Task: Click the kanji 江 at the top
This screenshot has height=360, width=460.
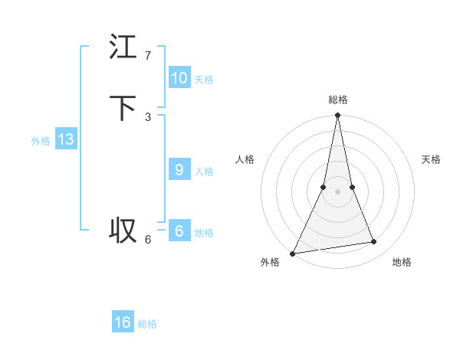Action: click(x=123, y=47)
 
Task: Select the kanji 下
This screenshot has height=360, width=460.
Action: click(x=123, y=108)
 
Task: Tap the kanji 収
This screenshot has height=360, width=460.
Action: click(x=123, y=230)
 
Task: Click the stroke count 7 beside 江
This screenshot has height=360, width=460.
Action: click(x=148, y=56)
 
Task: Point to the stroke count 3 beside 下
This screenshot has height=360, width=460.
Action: click(x=148, y=117)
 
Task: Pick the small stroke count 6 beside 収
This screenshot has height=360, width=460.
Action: click(x=148, y=240)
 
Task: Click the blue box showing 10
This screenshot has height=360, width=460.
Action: click(x=179, y=78)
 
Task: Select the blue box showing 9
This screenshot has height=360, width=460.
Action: click(x=179, y=170)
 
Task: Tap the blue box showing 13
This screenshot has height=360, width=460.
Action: click(x=66, y=139)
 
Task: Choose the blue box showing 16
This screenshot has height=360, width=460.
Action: click(x=123, y=322)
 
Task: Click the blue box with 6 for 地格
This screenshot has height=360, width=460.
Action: click(x=179, y=231)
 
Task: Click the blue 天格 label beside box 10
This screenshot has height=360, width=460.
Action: click(x=204, y=80)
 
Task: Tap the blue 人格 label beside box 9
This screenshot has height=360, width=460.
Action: click(x=204, y=172)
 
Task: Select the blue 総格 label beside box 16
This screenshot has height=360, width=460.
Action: click(x=147, y=324)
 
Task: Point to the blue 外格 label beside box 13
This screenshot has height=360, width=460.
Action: click(x=41, y=141)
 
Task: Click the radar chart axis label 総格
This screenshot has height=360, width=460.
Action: click(x=337, y=100)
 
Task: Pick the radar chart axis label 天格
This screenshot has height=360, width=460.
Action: click(x=431, y=159)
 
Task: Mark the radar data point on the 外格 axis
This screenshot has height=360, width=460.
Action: click(x=292, y=253)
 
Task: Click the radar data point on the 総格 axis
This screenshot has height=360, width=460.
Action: click(x=337, y=116)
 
